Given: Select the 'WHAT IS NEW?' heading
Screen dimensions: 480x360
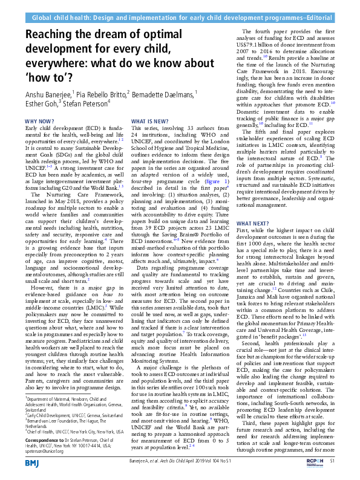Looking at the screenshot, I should pyautogui.click(x=149, y=122).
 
